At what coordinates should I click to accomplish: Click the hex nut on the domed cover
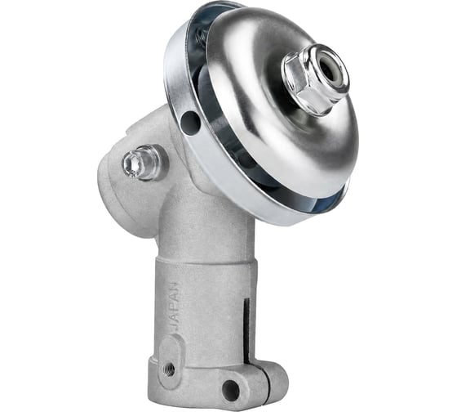[315, 78]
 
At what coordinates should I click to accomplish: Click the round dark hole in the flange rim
[191, 121]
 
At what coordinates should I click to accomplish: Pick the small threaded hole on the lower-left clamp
[169, 370]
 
